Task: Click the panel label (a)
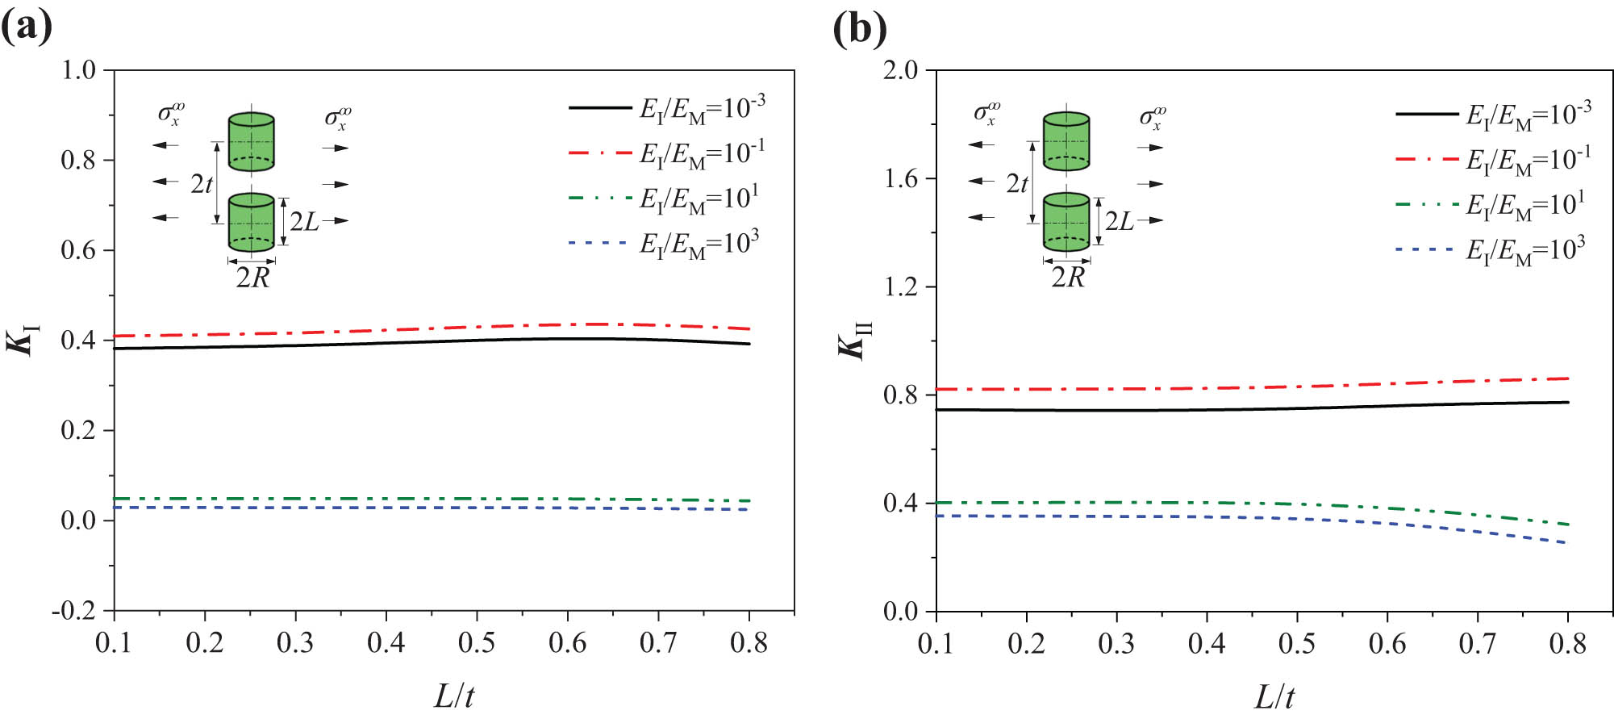pos(27,27)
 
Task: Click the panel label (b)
pos(860,29)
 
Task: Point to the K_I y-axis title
pos(23,340)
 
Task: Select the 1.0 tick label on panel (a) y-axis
pos(78,70)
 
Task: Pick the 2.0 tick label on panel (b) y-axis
pos(900,70)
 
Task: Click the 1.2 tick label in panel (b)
pos(900,286)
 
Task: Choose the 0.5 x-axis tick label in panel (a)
pos(477,643)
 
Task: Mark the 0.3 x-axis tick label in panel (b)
pos(1116,643)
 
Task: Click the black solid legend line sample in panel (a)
pos(600,107)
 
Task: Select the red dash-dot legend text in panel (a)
pos(702,153)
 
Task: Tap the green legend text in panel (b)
pos(1525,206)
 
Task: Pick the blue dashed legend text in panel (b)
pos(1525,251)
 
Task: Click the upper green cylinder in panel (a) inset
pos(252,142)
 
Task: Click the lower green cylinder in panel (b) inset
pos(1066,222)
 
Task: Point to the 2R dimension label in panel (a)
pos(252,278)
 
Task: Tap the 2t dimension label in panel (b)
pos(1017,184)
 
